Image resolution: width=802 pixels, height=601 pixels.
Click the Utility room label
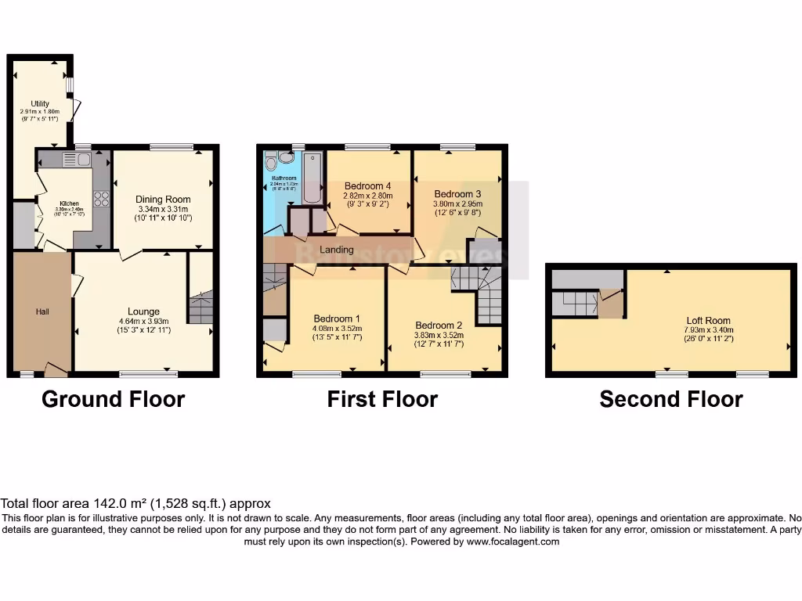tap(39, 103)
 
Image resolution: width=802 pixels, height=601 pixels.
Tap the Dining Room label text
tap(164, 200)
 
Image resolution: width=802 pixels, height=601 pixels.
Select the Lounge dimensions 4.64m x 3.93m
tap(143, 321)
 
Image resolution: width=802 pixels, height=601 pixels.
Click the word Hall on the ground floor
tap(42, 311)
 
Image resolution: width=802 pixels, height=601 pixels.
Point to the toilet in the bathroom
tap(272, 162)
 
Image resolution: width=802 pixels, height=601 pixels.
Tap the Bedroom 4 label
tap(367, 185)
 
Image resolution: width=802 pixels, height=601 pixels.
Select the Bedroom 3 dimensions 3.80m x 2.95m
tap(457, 204)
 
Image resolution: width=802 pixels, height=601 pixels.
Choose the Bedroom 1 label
tap(337, 318)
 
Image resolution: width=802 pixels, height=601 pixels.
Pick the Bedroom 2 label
tap(439, 326)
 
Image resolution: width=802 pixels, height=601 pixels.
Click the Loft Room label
tap(708, 320)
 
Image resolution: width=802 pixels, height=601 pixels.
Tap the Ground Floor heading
tap(113, 399)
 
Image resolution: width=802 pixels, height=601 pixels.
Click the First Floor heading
tap(382, 399)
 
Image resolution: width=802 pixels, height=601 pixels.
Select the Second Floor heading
tap(670, 399)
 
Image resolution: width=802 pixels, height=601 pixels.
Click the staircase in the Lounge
tap(200, 308)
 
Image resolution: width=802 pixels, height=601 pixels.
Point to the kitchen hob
tap(100, 199)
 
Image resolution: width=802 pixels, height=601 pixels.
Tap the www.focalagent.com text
tap(512, 542)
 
